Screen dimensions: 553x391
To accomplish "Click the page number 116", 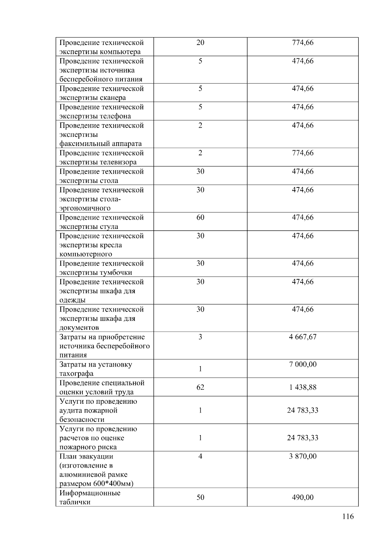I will (x=348, y=517).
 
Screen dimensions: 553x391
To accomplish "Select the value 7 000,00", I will (x=303, y=364).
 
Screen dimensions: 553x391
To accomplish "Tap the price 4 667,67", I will (x=303, y=337).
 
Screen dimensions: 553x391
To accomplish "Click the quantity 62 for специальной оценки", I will (x=200, y=387).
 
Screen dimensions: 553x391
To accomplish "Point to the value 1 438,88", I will (x=303, y=387).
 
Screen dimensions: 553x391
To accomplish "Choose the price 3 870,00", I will (x=303, y=456).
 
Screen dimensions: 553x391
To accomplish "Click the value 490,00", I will (x=303, y=497).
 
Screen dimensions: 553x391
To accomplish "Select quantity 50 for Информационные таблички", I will (x=200, y=497).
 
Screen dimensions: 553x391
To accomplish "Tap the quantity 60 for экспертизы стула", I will (x=200, y=217).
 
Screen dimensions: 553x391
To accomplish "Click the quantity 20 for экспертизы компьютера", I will (x=200, y=43).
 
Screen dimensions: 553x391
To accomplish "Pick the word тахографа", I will (x=76, y=374).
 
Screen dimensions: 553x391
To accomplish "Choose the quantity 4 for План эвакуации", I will (x=200, y=456).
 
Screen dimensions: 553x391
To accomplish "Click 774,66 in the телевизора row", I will (x=303, y=153).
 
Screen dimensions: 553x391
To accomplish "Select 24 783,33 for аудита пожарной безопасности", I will (x=303, y=410).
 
